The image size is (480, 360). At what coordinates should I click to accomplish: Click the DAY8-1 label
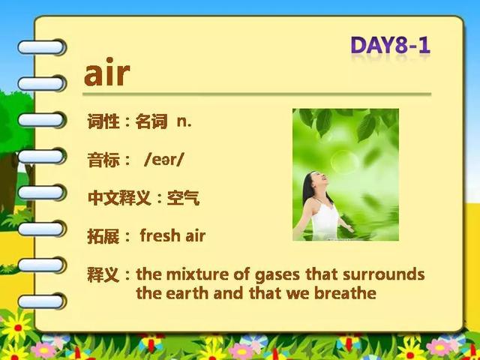point(390,45)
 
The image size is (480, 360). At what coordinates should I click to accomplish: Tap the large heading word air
point(107,72)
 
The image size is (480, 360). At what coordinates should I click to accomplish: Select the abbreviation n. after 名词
point(184,121)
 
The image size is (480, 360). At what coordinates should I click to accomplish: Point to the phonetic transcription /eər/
point(163,160)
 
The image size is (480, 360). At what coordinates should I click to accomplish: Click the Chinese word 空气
point(183,198)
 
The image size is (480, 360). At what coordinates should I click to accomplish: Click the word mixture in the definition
point(197,274)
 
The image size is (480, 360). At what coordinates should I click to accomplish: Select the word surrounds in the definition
point(383,274)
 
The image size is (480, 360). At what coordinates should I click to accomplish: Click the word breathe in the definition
point(345,293)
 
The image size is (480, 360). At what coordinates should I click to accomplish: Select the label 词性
point(103,121)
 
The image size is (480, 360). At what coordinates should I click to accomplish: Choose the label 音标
point(103,160)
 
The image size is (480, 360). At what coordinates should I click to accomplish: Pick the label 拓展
point(103,235)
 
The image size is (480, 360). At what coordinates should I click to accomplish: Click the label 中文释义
point(119,198)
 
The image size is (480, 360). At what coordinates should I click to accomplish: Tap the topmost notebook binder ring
point(42,47)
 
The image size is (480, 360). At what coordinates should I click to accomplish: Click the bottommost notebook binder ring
point(42,301)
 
